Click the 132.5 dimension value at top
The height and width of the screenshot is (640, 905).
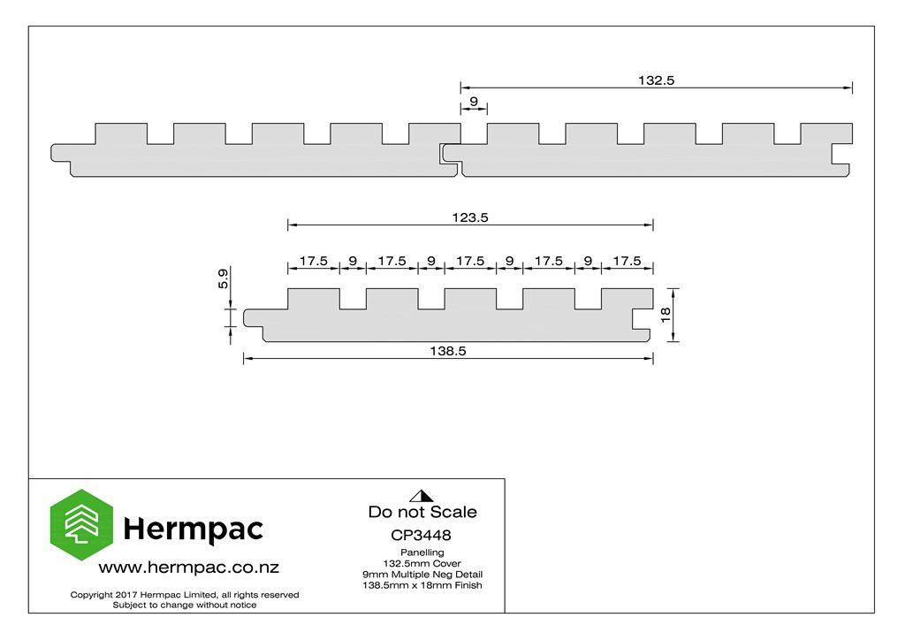pyautogui.click(x=656, y=80)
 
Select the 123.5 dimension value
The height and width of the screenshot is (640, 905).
pyautogui.click(x=470, y=217)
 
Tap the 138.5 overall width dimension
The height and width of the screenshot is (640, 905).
pyautogui.click(x=448, y=351)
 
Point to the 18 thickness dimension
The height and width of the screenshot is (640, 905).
pyautogui.click(x=665, y=315)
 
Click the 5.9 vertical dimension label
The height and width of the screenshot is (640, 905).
pyautogui.click(x=223, y=278)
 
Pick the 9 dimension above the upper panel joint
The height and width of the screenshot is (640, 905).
pyautogui.click(x=474, y=102)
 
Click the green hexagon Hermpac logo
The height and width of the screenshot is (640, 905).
pyautogui.click(x=81, y=524)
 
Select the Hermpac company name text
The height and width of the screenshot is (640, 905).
pyautogui.click(x=194, y=529)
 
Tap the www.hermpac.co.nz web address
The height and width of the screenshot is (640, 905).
pyautogui.click(x=189, y=568)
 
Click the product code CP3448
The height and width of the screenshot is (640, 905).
pyautogui.click(x=421, y=535)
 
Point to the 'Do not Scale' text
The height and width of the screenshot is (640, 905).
pyautogui.click(x=422, y=512)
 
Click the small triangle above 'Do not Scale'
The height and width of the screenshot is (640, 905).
pyautogui.click(x=422, y=496)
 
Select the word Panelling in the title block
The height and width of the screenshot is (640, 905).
pyautogui.click(x=422, y=552)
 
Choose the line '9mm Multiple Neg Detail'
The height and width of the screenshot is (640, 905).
pyautogui.click(x=422, y=575)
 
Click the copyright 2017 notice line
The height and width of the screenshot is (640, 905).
pyautogui.click(x=185, y=594)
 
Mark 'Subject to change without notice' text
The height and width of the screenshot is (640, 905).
pyautogui.click(x=185, y=605)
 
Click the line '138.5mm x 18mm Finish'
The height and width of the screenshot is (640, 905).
pyautogui.click(x=422, y=585)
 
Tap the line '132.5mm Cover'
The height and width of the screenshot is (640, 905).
pyautogui.click(x=422, y=563)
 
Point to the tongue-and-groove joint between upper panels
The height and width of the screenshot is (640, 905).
pyautogui.click(x=451, y=156)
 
